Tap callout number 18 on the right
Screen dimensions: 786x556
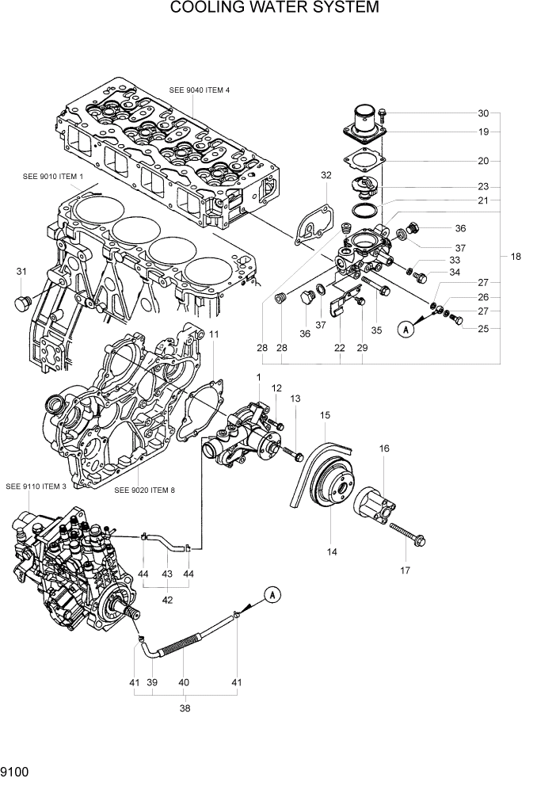pos(516,256)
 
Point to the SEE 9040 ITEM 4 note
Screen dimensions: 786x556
pos(199,90)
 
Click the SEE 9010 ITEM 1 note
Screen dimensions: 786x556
pos(53,175)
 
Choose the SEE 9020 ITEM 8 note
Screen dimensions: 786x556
pos(144,490)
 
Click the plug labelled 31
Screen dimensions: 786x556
pos(24,302)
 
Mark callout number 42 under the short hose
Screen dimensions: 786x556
pos(167,600)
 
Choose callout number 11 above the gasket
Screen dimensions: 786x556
pos(213,335)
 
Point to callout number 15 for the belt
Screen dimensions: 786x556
pos(325,414)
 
